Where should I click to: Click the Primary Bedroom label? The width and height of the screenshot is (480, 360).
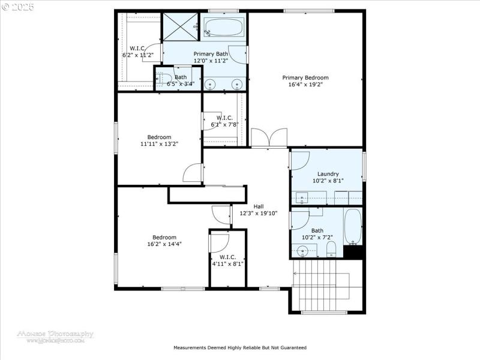click(305, 77)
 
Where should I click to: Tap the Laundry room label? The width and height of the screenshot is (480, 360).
click(328, 174)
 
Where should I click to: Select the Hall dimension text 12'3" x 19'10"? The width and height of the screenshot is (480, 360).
click(259, 213)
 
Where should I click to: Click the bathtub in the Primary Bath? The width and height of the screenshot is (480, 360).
click(223, 27)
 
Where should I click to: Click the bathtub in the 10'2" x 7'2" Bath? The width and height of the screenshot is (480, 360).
click(353, 226)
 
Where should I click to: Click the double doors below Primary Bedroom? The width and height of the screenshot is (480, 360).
click(269, 138)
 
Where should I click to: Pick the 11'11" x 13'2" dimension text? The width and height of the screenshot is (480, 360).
click(159, 144)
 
